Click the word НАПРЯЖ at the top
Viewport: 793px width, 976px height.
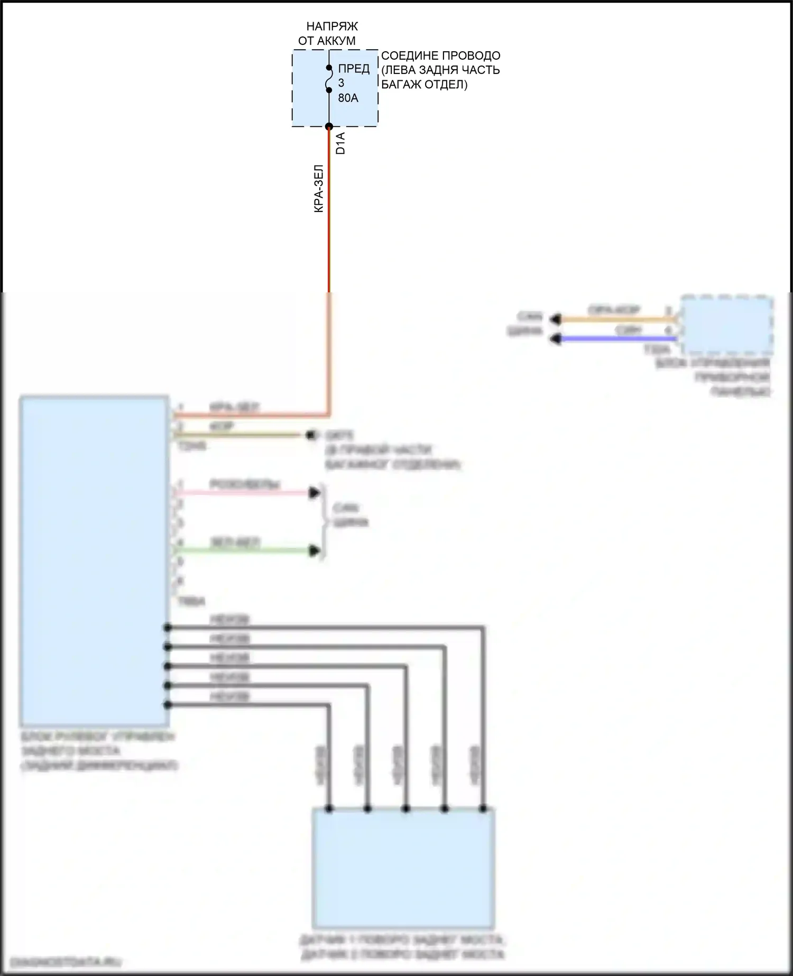332,26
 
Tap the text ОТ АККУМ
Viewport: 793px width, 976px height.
327,41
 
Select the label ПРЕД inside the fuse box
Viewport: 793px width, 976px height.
354,69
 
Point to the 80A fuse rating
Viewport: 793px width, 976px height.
348,98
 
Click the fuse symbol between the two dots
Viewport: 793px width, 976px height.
328,79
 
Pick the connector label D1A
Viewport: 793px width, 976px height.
340,143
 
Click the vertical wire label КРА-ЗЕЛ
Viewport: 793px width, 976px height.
318,189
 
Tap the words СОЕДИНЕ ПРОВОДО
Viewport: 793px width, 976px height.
440,56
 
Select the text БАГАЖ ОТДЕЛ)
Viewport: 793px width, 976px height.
424,85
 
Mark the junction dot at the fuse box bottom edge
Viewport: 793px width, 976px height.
329,126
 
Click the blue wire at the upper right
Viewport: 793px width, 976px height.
613,338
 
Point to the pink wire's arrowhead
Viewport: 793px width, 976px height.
315,493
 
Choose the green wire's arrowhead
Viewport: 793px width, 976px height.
315,551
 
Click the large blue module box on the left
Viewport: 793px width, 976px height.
94,560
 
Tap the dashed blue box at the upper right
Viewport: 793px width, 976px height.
727,325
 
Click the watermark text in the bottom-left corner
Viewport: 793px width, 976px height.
65,962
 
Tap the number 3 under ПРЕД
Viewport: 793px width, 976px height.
341,83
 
